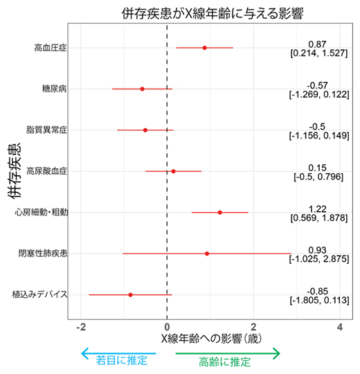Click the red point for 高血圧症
tap(204, 48)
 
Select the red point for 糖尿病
tap(142, 89)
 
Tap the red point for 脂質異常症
tap(145, 130)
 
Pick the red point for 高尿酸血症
tap(173, 171)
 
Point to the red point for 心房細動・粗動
tap(220, 212)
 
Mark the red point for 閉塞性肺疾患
tap(207, 253)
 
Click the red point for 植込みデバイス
tap(130, 294)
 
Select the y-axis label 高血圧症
tap(51, 48)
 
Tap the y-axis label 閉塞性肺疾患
tap(43, 253)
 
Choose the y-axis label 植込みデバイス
tap(39, 295)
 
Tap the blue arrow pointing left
tap(118, 353)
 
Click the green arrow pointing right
tap(228, 353)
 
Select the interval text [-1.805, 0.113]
tap(318, 300)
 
